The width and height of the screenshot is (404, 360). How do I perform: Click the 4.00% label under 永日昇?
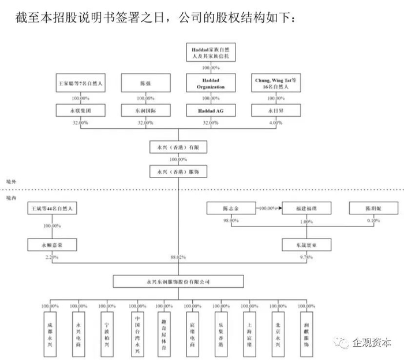click(x=276, y=123)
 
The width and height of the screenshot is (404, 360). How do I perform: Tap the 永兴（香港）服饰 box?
click(x=177, y=172)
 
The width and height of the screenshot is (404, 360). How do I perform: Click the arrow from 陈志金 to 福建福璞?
click(x=269, y=208)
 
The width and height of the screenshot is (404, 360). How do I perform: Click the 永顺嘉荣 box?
click(x=52, y=245)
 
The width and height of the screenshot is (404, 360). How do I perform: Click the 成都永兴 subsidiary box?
click(x=51, y=327)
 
